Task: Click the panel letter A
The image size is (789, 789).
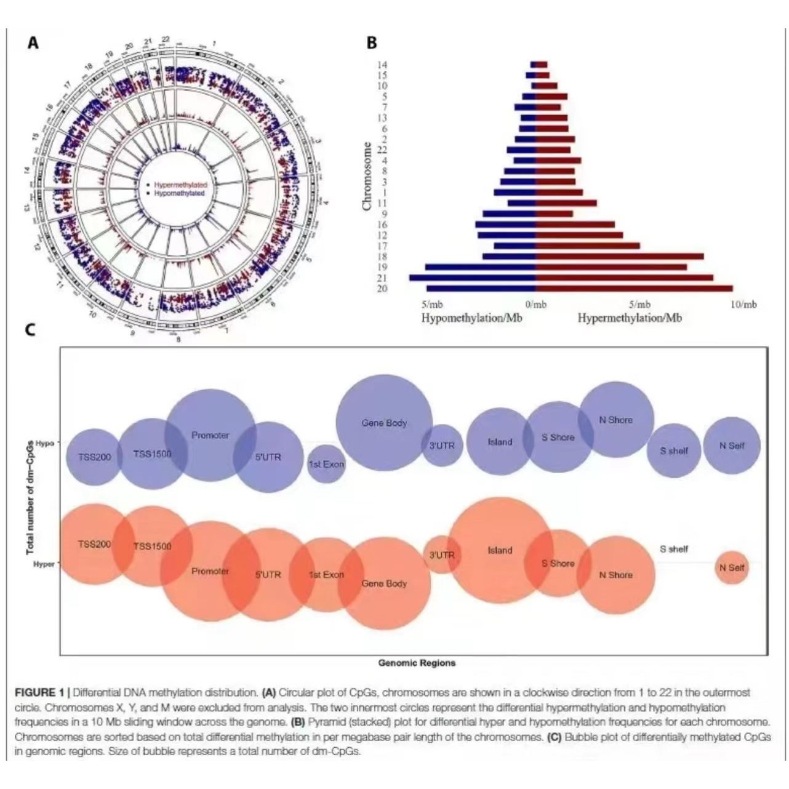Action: [x=33, y=43]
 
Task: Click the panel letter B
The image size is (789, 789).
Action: [x=372, y=43]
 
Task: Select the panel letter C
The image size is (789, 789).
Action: [x=30, y=330]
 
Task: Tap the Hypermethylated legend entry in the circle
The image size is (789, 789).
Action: [x=180, y=185]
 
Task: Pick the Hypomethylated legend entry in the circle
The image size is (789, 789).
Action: [x=178, y=193]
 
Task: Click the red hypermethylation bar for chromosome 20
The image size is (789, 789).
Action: [x=634, y=288]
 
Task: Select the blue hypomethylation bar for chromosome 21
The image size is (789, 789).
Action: [x=473, y=278]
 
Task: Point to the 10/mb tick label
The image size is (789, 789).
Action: [x=743, y=305]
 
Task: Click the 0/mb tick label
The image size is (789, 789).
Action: [x=536, y=305]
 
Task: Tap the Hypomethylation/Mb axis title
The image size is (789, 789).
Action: [x=471, y=318]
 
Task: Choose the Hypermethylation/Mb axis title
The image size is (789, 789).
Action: [x=630, y=318]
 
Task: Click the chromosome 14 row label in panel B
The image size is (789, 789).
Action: [x=382, y=65]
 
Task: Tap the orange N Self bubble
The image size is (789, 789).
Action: [x=732, y=567]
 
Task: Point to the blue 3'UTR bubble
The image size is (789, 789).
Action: [x=442, y=445]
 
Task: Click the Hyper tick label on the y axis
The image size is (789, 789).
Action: [x=44, y=564]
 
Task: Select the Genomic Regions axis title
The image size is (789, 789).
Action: [x=417, y=663]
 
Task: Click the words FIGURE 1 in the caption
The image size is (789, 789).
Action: [x=39, y=692]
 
